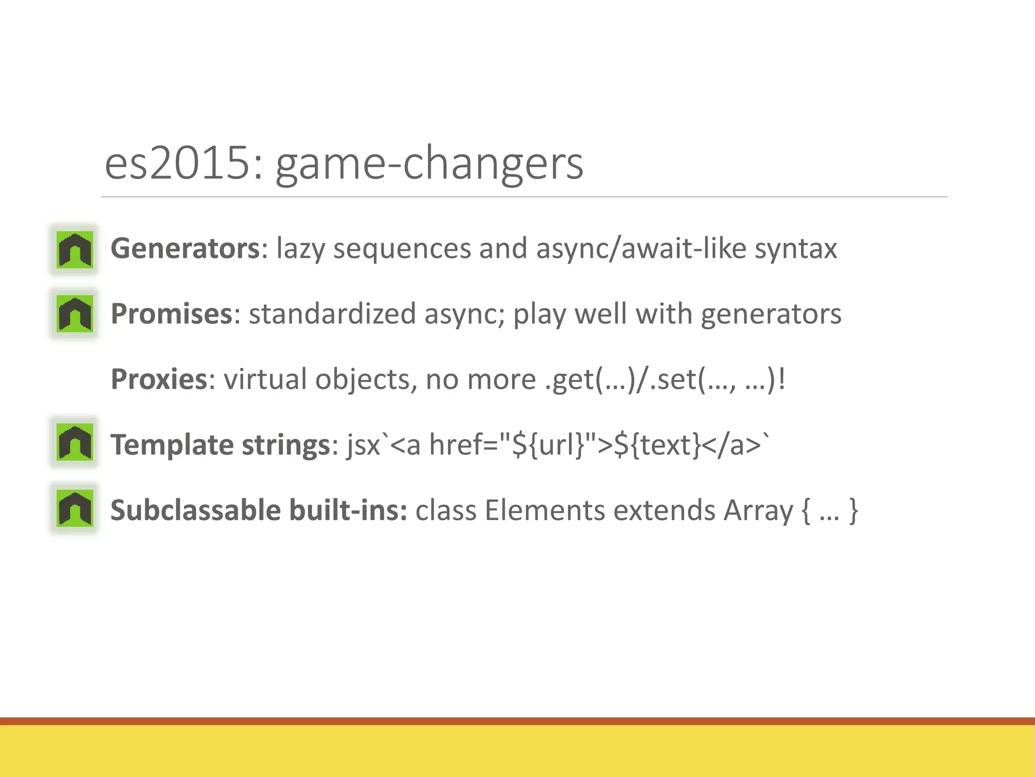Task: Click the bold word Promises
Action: click(x=171, y=314)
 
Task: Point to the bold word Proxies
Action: click(x=159, y=379)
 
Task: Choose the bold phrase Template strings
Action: click(x=220, y=445)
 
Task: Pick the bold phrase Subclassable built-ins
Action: click(x=258, y=510)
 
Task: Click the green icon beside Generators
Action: click(x=75, y=249)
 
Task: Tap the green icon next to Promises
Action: click(x=75, y=314)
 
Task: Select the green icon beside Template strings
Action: click(x=75, y=442)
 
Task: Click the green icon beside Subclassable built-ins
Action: click(x=75, y=508)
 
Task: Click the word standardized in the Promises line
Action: click(x=332, y=314)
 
